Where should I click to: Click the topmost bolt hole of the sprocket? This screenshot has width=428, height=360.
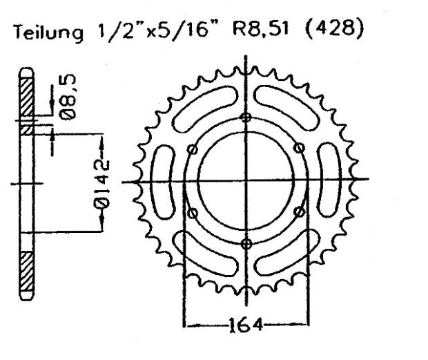pyautogui.click(x=246, y=117)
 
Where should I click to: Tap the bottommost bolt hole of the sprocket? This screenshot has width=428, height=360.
pyautogui.click(x=246, y=243)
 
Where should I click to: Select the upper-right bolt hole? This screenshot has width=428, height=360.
pyautogui.click(x=299, y=149)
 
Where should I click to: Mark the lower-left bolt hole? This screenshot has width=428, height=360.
pyautogui.click(x=193, y=211)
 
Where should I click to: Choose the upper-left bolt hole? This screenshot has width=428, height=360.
pyautogui.click(x=193, y=149)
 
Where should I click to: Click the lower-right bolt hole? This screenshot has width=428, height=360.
pyautogui.click(x=299, y=211)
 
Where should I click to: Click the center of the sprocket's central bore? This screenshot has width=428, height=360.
pyautogui.click(x=246, y=181)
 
